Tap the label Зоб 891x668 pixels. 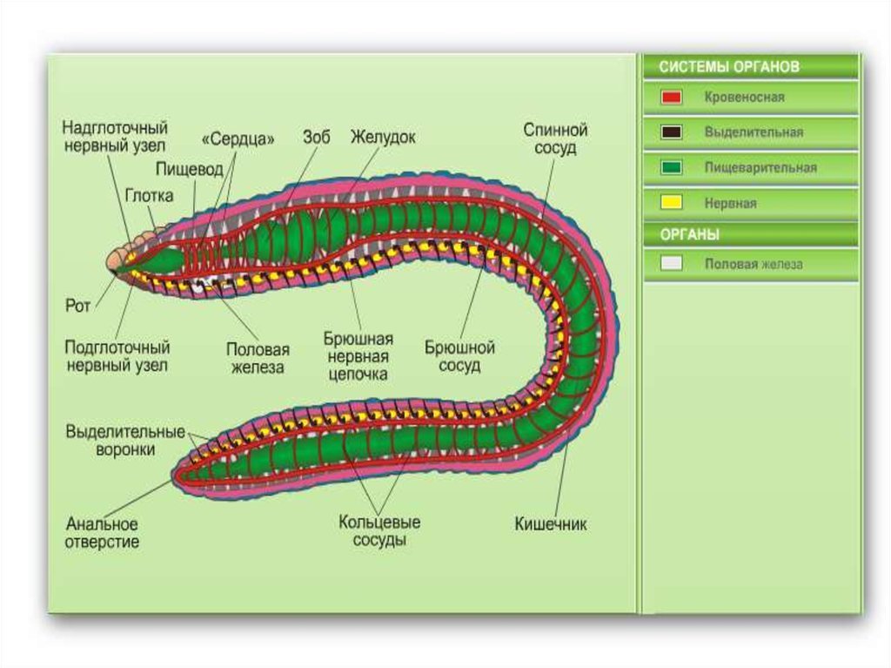(x=317, y=138)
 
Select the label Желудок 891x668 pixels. (x=383, y=138)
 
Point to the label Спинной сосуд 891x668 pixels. (x=555, y=138)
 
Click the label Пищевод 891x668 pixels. (x=190, y=168)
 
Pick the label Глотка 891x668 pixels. (x=149, y=195)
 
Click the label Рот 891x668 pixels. (x=78, y=307)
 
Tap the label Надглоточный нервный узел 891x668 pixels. (x=115, y=138)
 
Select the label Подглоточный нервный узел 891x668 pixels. (x=117, y=356)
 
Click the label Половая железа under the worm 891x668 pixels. (x=258, y=357)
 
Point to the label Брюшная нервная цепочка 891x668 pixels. (x=358, y=356)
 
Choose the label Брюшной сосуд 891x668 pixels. (x=459, y=356)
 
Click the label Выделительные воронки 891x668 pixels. (x=125, y=441)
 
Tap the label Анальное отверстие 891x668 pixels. (x=102, y=532)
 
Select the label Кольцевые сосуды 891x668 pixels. (x=379, y=530)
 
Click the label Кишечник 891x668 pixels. (x=551, y=524)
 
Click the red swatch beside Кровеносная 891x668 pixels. (x=671, y=98)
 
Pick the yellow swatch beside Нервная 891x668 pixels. (x=671, y=203)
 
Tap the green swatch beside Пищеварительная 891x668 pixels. (x=671, y=167)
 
